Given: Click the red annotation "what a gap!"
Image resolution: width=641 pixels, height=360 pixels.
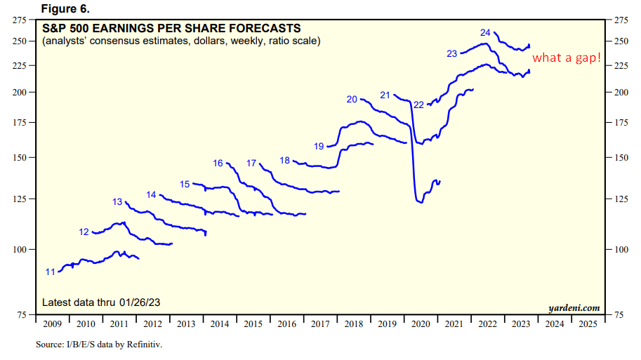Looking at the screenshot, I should tap(567, 58).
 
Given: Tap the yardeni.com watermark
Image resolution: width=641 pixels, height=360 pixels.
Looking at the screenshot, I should tap(574, 307).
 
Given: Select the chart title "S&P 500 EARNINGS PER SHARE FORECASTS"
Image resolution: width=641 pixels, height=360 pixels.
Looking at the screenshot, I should tap(171, 29).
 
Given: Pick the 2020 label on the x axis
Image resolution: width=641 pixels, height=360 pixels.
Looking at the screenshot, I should tap(421, 324).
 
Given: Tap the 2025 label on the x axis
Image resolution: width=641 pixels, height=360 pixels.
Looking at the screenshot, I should tap(587, 324).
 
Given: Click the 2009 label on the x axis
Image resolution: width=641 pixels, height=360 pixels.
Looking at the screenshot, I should tap(52, 324).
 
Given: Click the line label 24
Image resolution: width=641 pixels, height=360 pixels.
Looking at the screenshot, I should tap(485, 33).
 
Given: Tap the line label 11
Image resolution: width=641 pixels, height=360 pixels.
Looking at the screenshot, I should tap(51, 272).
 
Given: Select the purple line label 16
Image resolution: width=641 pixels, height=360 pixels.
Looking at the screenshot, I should tap(218, 164).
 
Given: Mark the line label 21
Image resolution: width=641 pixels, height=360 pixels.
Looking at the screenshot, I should tap(385, 95).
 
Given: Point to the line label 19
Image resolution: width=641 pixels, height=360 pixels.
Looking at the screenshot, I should tap(319, 146).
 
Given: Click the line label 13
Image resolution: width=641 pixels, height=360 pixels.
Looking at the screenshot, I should tap(117, 201).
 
